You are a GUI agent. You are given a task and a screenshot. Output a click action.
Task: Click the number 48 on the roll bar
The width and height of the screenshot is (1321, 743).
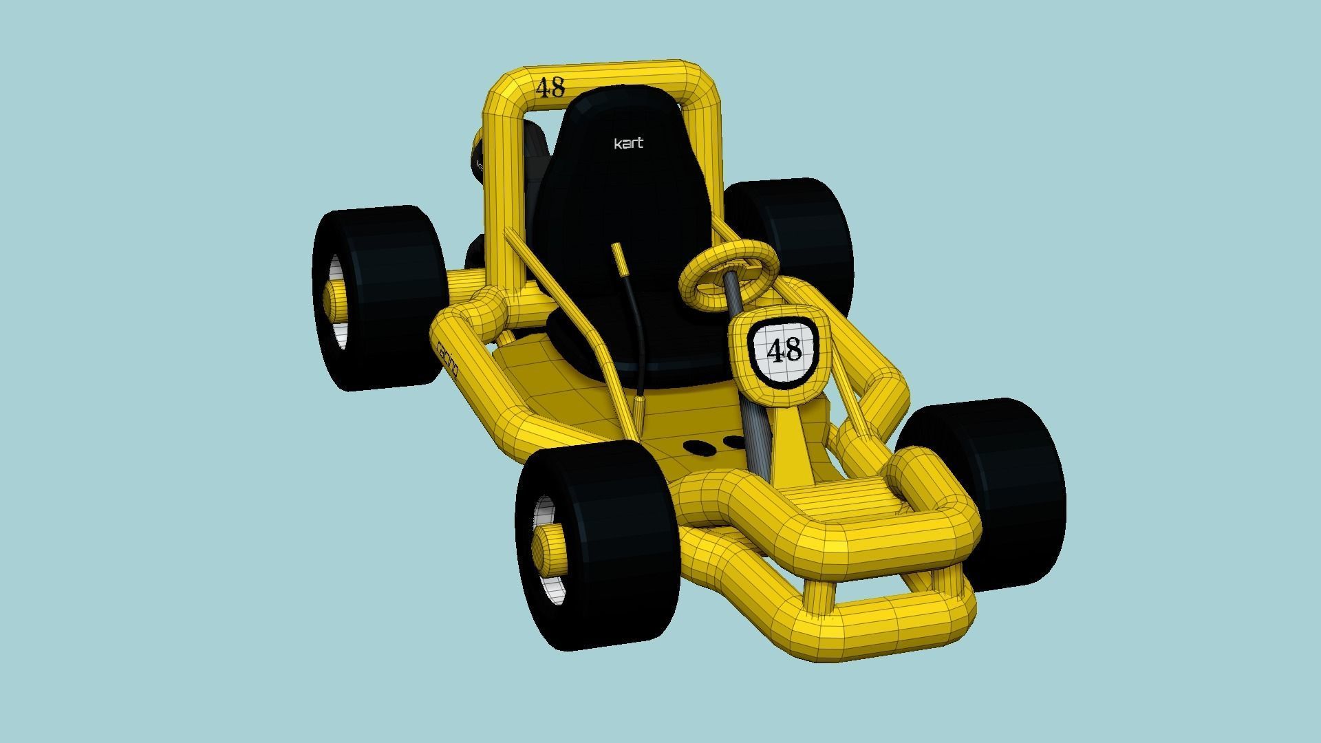pyautogui.click(x=550, y=88)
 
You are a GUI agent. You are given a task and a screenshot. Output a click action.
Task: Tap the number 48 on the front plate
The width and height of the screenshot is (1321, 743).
pyautogui.click(x=784, y=350)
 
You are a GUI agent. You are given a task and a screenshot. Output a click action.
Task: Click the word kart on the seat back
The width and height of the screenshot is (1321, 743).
pyautogui.click(x=628, y=143)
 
